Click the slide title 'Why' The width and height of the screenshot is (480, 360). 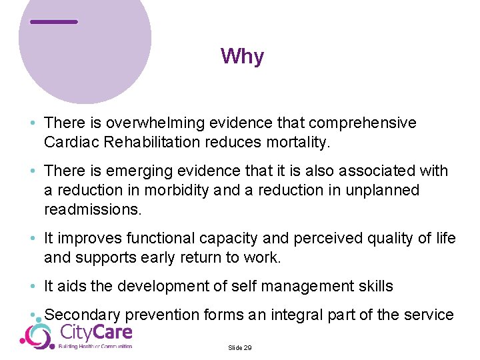click(242, 57)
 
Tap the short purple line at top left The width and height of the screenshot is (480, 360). click(54, 22)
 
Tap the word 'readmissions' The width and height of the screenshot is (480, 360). click(92, 209)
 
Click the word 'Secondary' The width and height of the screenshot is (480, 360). click(82, 315)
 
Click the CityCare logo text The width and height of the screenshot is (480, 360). click(96, 332)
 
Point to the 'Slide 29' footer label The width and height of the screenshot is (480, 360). click(240, 348)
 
